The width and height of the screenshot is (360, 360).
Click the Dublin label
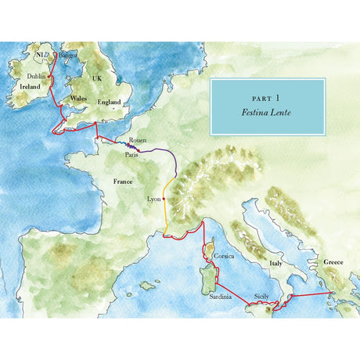pyautogui.click(x=37, y=77)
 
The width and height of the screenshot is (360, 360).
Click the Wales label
pyautogui.click(x=77, y=99)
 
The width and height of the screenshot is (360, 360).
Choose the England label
pyautogui.click(x=109, y=102)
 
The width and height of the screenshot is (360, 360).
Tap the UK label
pyautogui.click(x=97, y=78)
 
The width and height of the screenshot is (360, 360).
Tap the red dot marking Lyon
pyautogui.click(x=164, y=199)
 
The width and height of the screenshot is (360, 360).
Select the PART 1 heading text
pyautogui.click(x=266, y=99)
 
